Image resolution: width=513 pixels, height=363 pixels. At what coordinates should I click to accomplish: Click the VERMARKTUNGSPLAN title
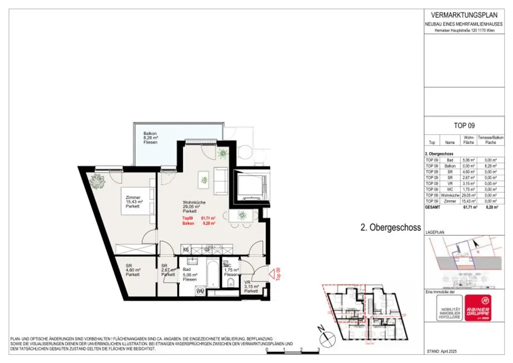click(460, 15)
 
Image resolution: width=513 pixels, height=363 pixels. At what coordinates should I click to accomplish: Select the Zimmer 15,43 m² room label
click(134, 202)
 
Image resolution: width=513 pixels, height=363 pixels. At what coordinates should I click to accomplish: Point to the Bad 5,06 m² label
click(190, 275)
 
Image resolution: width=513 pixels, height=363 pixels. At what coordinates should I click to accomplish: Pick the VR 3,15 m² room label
click(250, 287)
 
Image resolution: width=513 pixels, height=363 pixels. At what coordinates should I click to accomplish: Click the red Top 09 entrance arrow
click(274, 274)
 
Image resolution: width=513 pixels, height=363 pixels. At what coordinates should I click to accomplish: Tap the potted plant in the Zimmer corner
click(97, 181)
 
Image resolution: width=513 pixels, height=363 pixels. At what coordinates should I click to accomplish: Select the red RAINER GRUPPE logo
click(477, 307)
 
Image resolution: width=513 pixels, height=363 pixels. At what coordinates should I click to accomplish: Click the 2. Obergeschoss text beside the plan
click(390, 227)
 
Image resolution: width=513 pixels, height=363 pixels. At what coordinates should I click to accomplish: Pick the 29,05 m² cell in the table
click(469, 196)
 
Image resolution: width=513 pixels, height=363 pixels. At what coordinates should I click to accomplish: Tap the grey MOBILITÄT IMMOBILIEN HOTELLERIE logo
click(442, 307)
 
